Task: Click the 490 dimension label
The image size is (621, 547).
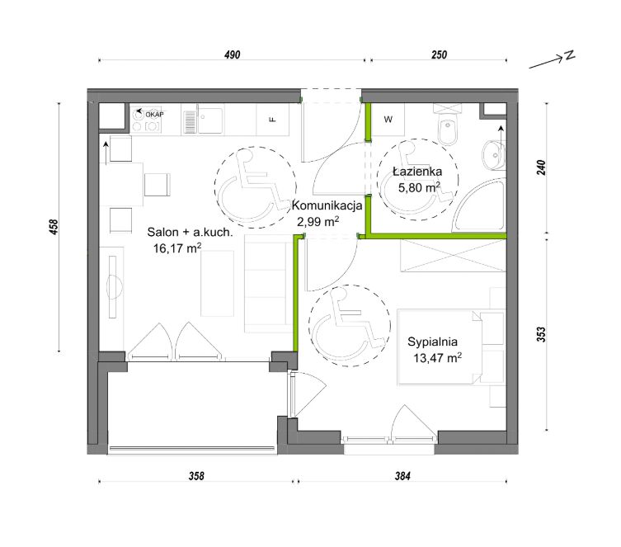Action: coord(232,54)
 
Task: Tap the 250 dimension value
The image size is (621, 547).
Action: coord(439,54)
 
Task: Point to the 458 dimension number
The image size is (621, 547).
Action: coord(54,227)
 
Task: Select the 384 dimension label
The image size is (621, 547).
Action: coord(402,476)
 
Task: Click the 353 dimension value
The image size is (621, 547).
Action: coord(541,334)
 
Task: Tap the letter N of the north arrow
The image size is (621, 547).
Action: coord(570,55)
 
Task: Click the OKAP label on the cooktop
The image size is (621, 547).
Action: coord(154,115)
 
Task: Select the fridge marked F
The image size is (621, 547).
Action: coord(272,120)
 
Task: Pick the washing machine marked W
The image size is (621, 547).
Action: coord(388,120)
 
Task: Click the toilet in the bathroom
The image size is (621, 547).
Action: coord(448,125)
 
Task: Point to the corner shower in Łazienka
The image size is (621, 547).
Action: coord(480,205)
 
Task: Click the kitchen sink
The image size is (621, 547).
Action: coord(210,120)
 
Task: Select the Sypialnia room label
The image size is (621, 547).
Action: coord(432,342)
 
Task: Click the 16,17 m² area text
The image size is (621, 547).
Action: coord(177,248)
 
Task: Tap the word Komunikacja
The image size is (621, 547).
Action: coord(327,205)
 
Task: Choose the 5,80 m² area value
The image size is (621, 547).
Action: coord(420,187)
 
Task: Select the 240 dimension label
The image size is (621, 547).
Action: coord(541,167)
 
